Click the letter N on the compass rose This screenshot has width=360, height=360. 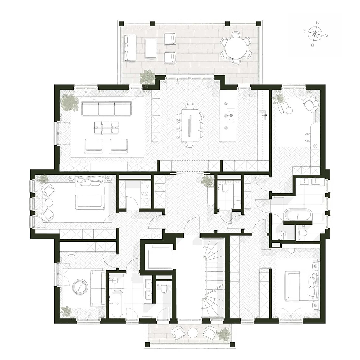click(326, 36)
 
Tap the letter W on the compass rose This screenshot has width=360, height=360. click(318, 23)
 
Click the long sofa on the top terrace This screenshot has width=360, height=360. click(130, 48)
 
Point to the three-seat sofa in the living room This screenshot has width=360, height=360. click(106, 109)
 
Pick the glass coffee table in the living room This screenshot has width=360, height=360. click(106, 128)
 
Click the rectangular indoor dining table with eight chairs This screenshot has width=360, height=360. click(190, 125)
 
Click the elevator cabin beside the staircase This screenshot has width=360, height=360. click(160, 258)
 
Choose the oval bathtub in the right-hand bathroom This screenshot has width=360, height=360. click(298, 215)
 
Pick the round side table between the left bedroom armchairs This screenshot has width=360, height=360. click(48, 203)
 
